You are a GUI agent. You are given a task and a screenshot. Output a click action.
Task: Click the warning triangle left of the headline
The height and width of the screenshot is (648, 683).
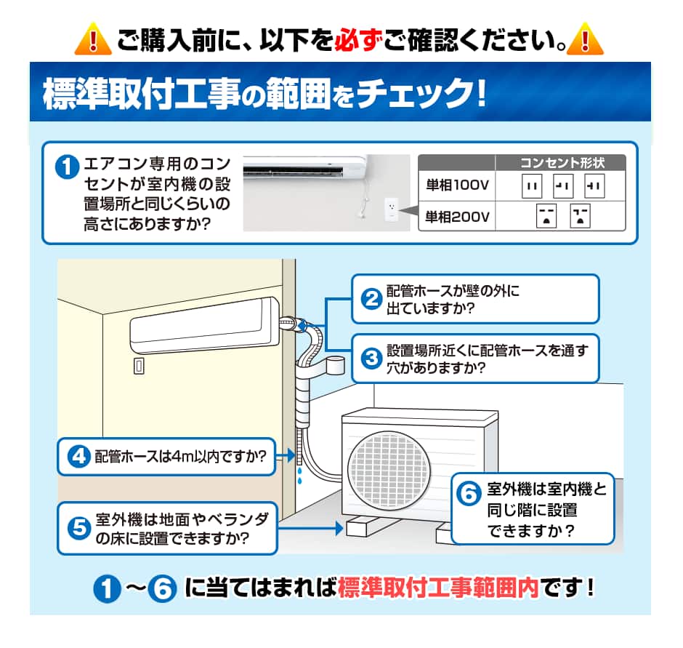pyautogui.click(x=93, y=39)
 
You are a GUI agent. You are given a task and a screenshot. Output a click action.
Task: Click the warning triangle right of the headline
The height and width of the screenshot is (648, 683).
pyautogui.click(x=586, y=39)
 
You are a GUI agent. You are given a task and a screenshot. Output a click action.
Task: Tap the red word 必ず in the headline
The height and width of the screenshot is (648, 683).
pyautogui.click(x=358, y=40)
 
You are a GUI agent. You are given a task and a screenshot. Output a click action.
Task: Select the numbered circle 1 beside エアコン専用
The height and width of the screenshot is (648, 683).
pyautogui.click(x=67, y=167)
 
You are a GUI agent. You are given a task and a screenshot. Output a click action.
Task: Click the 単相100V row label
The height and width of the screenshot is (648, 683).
pyautogui.click(x=457, y=185)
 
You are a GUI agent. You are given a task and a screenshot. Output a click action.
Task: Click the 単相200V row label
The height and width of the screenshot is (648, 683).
pyautogui.click(x=457, y=217)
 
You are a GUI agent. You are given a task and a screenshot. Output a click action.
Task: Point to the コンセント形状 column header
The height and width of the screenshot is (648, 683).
pyautogui.click(x=562, y=163)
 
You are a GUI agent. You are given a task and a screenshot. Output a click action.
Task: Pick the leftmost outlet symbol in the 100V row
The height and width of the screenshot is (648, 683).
pyautogui.click(x=532, y=185)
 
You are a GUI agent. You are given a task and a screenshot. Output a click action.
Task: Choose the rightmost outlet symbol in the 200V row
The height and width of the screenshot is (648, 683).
pyautogui.click(x=581, y=216)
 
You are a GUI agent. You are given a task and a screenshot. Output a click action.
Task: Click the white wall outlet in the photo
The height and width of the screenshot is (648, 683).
pyautogui.click(x=391, y=209)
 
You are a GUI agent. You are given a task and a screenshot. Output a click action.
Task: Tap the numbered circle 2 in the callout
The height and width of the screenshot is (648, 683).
pyautogui.click(x=371, y=299)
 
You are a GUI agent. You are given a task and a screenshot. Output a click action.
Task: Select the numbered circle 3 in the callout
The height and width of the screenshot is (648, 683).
pyautogui.click(x=371, y=359)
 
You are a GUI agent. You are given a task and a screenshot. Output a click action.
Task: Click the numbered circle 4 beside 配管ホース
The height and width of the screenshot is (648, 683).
pyautogui.click(x=79, y=457)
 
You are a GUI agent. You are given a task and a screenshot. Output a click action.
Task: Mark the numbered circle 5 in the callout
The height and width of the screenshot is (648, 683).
pyautogui.click(x=79, y=528)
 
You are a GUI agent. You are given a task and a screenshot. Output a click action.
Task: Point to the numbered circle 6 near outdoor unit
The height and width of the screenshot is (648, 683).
pyautogui.click(x=469, y=494)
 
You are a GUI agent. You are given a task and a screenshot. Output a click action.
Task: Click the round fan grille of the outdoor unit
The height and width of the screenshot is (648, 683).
pyautogui.click(x=389, y=470)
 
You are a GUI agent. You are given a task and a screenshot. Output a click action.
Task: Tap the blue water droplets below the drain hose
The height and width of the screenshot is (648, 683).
pyautogui.click(x=299, y=476)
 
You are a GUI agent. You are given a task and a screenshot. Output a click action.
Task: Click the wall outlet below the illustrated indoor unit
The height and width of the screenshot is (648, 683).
pyautogui.click(x=139, y=366)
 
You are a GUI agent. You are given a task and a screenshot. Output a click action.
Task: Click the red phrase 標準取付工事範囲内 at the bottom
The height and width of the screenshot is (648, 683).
pyautogui.click(x=438, y=588)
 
